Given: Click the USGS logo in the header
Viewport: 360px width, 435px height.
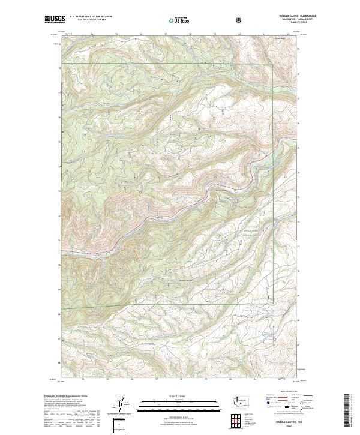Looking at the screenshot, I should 55,20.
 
